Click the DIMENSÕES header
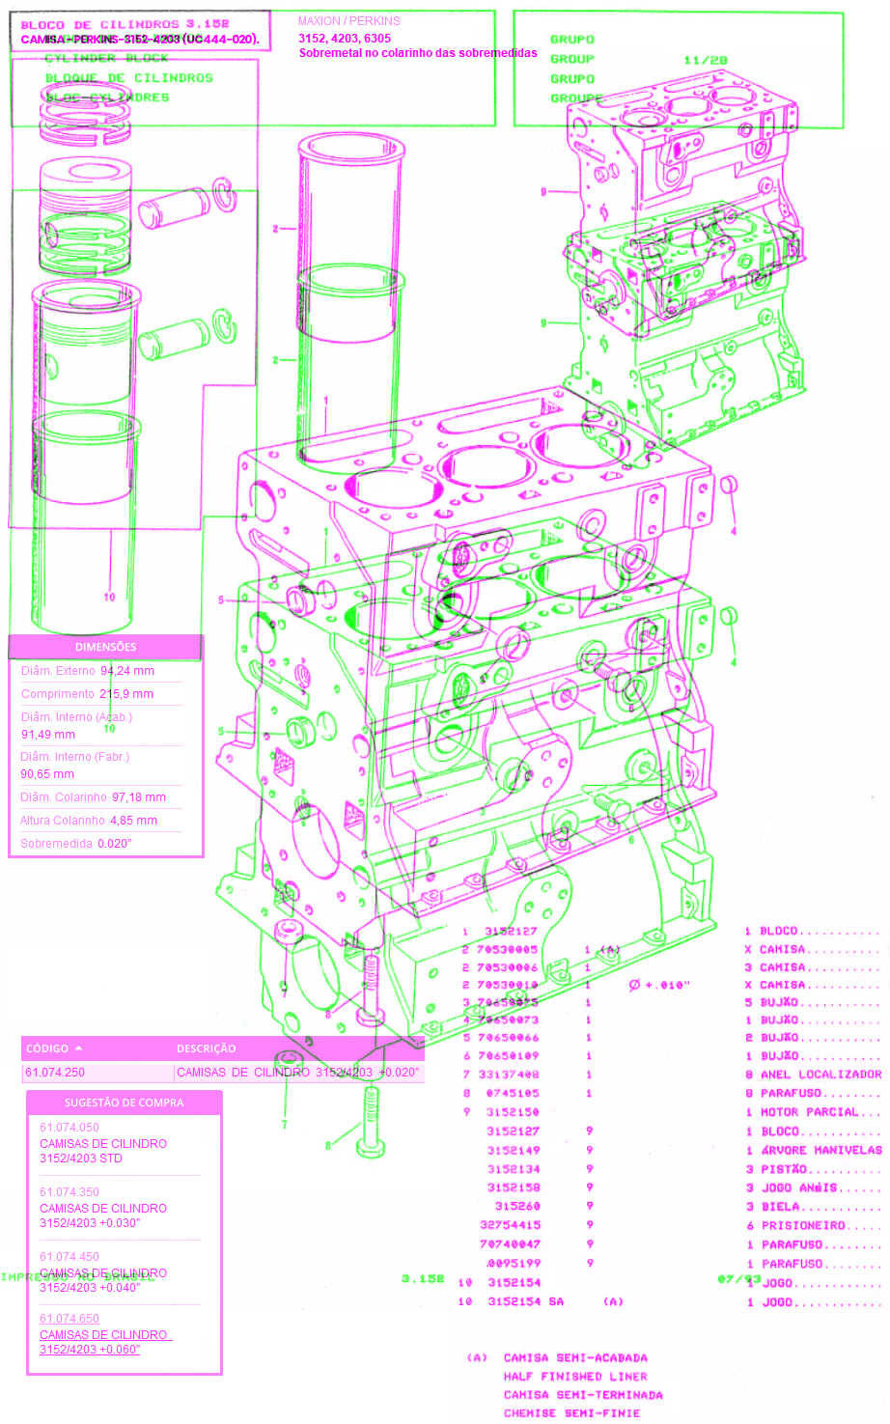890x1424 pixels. click(x=106, y=647)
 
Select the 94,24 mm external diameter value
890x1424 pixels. click(x=127, y=671)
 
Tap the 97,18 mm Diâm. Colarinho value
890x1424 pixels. click(x=139, y=797)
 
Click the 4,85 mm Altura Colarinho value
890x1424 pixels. click(x=133, y=821)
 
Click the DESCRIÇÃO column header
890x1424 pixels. click(x=206, y=1048)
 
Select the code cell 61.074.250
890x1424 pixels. click(x=55, y=1073)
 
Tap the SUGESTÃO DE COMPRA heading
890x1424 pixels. click(x=124, y=1103)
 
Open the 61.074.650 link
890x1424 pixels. click(x=70, y=1319)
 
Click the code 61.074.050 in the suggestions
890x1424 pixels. click(x=70, y=1128)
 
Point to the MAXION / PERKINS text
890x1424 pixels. click(x=348, y=21)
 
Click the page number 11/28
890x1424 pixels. click(x=706, y=60)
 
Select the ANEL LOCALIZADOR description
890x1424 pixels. click(x=820, y=1075)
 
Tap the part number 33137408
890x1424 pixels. click(x=509, y=1075)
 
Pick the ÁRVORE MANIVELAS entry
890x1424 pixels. click(x=820, y=1151)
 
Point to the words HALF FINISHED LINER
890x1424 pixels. click(x=575, y=1377)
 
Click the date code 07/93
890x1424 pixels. click(x=739, y=1279)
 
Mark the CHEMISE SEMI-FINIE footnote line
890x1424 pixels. click(x=571, y=1413)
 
